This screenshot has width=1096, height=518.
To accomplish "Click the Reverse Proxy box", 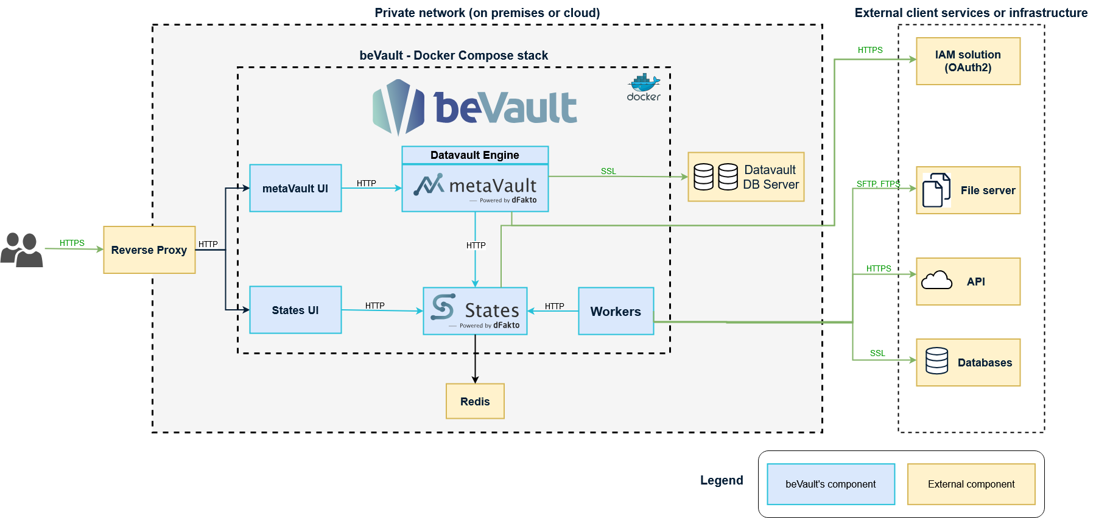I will tap(149, 250).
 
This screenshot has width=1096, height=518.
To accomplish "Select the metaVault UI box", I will tap(295, 188).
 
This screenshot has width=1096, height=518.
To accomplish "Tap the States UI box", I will tap(295, 310).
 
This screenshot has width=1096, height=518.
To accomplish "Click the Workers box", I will tap(616, 311).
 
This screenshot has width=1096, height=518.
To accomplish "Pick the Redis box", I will tap(475, 401).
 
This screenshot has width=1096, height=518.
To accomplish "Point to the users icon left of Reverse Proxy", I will tap(22, 250).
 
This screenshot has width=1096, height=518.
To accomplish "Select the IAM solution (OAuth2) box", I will tap(968, 61).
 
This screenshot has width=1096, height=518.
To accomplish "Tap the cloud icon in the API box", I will tap(936, 281).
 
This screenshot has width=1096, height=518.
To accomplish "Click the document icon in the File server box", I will tap(936, 190).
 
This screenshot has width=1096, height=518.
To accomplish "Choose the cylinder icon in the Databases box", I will tap(936, 361).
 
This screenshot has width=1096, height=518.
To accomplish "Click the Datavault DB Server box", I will tap(746, 177).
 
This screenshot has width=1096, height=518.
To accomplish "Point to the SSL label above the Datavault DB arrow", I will tap(608, 171).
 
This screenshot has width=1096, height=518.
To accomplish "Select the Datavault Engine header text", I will tap(475, 155).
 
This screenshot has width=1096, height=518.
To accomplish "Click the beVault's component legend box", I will tap(831, 484).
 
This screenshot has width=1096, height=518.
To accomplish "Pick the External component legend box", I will tap(971, 484).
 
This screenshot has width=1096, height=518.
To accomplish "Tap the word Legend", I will tap(722, 480).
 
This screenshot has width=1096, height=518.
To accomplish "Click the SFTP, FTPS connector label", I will tap(877, 184).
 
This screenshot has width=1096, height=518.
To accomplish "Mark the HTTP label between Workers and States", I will tap(554, 306).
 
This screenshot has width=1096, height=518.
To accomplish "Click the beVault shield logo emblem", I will tap(398, 107).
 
